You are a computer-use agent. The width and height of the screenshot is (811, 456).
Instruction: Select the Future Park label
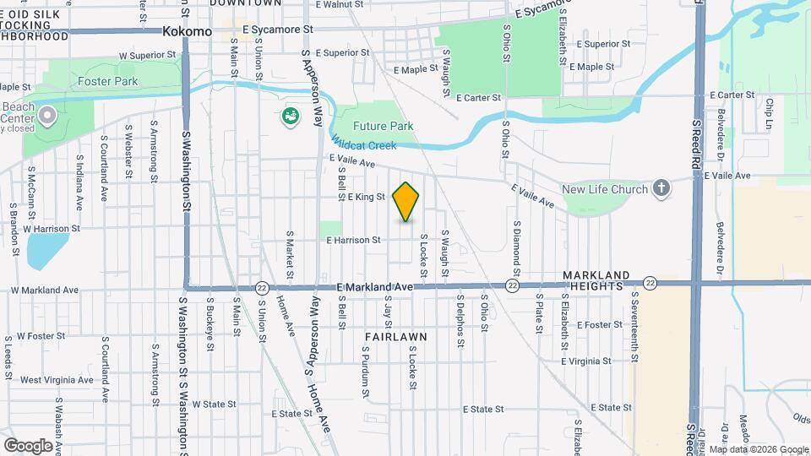(383, 126)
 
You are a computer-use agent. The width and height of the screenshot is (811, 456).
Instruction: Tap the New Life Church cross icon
(661, 188)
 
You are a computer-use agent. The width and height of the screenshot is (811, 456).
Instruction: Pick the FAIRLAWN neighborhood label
(395, 336)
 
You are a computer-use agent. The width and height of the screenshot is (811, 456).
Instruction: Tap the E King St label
(366, 197)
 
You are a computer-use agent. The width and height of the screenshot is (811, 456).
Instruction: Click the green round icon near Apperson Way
(291, 117)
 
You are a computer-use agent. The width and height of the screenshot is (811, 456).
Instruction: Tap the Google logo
(28, 445)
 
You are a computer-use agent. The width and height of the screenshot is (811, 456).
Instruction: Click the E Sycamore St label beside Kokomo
(277, 29)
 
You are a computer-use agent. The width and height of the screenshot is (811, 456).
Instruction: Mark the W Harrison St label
(52, 228)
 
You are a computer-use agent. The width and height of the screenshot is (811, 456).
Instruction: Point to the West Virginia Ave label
(57, 380)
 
